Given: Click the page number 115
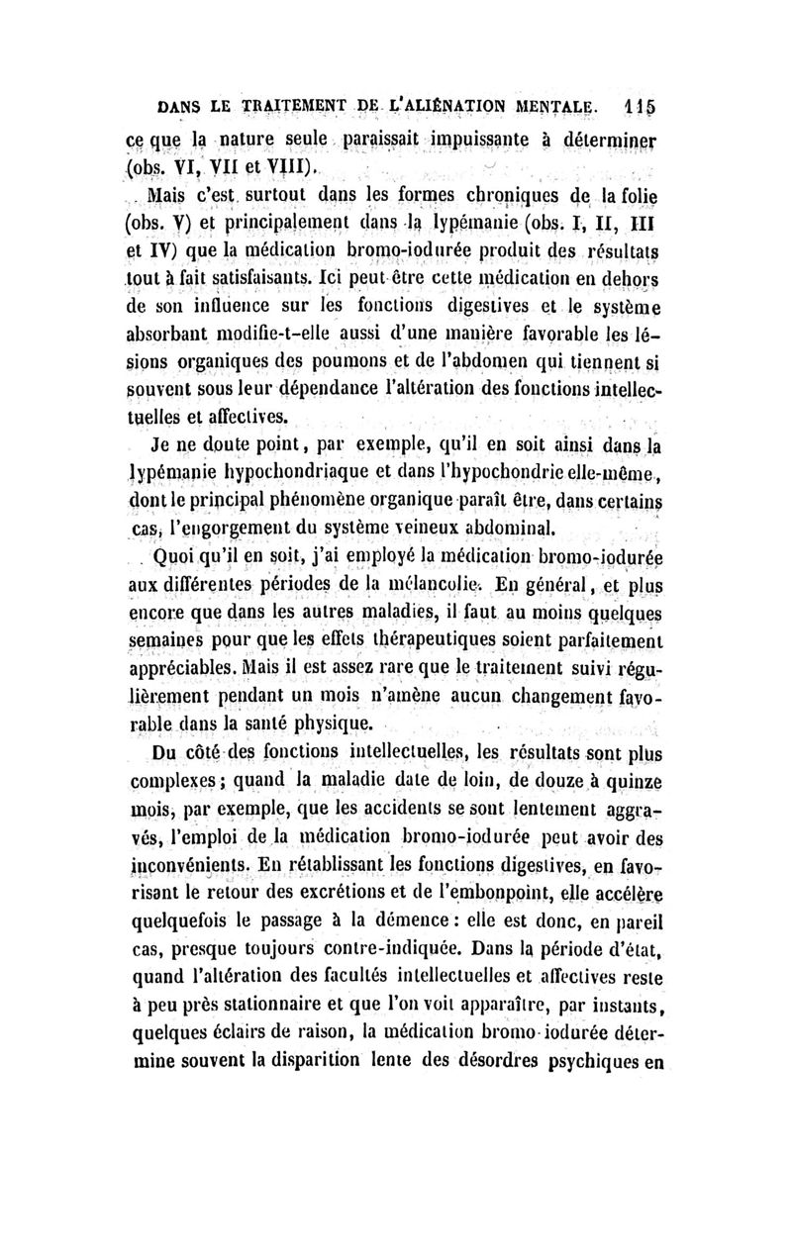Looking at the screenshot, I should [648, 103].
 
